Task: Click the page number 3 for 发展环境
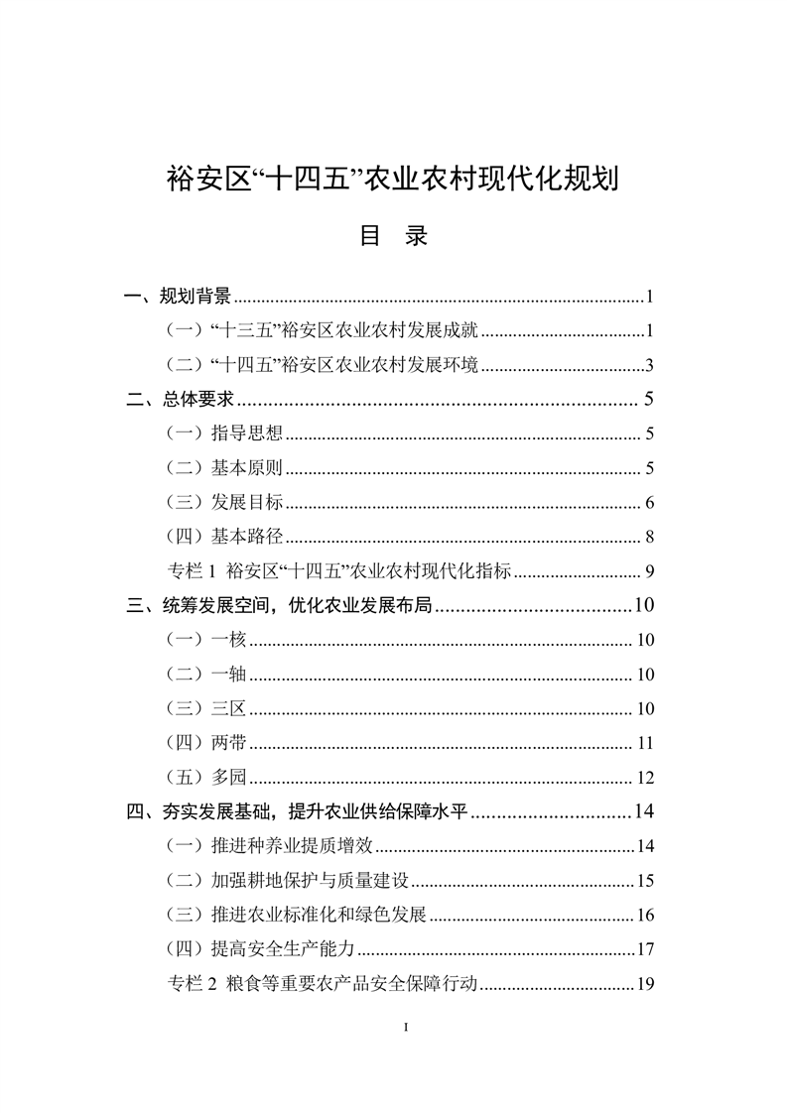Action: [647, 365]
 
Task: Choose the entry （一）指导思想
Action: [224, 433]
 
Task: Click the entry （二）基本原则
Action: [224, 468]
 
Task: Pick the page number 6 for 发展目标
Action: [647, 503]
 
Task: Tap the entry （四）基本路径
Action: [224, 538]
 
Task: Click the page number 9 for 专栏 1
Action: [647, 571]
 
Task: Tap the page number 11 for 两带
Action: [644, 743]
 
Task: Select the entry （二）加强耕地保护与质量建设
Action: [288, 881]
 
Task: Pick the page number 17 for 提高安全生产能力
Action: [644, 949]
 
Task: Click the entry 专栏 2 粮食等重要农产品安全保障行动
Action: [324, 984]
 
